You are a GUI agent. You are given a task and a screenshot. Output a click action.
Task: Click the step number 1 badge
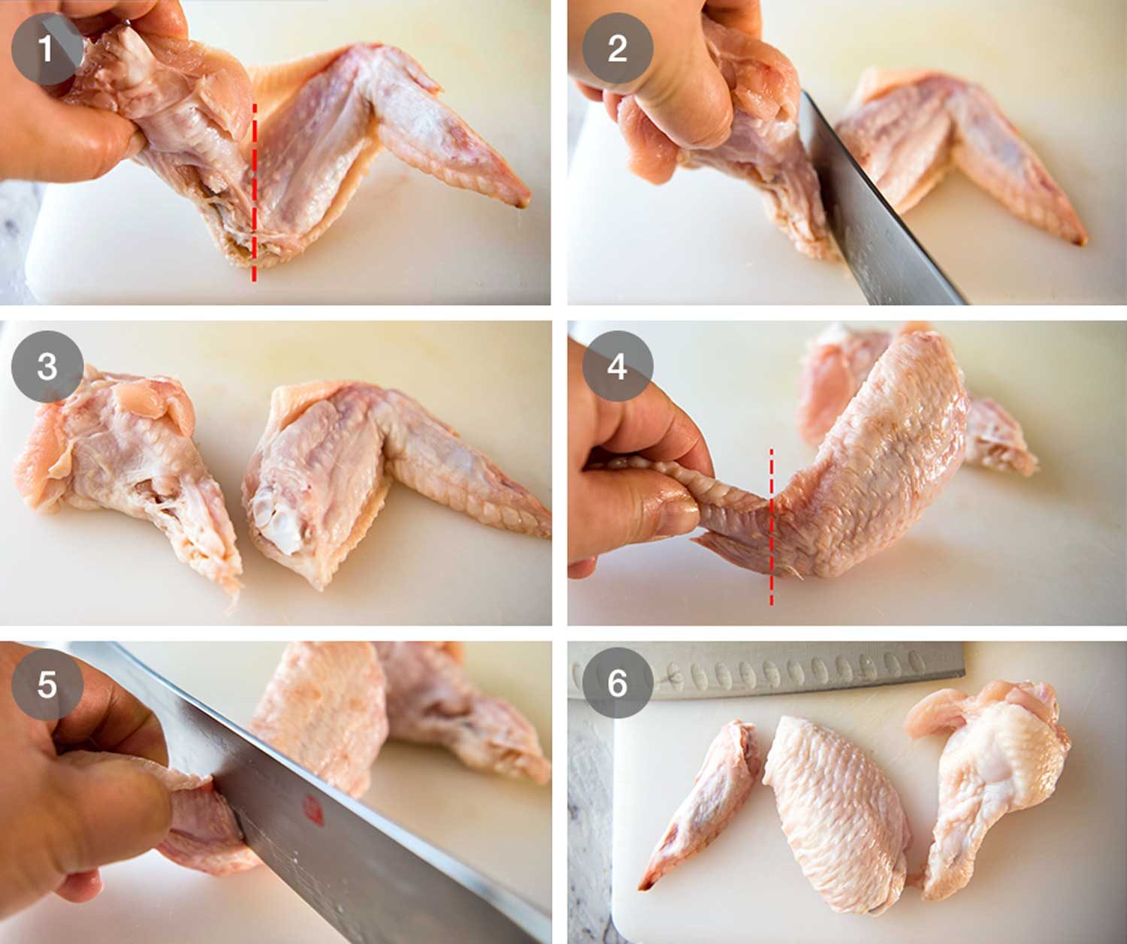click(47, 50)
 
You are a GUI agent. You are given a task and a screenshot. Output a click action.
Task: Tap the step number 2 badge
click(617, 50)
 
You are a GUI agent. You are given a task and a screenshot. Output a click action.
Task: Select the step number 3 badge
click(47, 367)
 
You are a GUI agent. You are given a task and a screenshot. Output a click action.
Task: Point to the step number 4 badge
click(617, 367)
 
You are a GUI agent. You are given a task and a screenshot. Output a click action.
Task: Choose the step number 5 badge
click(47, 685)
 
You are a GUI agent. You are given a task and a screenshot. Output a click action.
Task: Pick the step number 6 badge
click(617, 683)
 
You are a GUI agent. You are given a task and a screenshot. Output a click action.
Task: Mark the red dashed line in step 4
click(771, 526)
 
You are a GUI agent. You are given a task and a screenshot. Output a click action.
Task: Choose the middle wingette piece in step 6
click(838, 811)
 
